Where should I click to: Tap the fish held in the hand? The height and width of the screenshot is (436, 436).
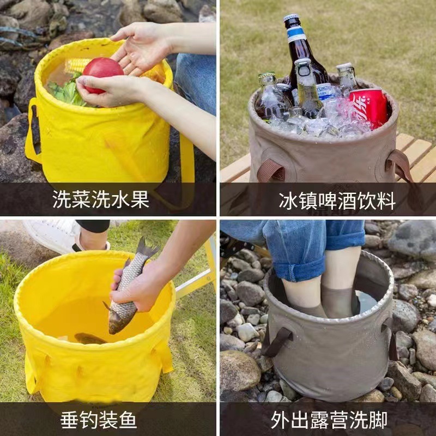(x=128, y=289)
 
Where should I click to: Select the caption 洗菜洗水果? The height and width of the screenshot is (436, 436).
(x=101, y=199)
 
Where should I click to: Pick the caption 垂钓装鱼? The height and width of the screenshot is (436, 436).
(x=99, y=420)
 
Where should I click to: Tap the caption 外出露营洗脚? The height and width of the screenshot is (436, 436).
(x=329, y=420)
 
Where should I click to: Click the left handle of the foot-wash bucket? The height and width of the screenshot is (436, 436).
(x=277, y=341)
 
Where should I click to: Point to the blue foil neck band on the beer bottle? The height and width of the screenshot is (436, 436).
(x=296, y=33)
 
